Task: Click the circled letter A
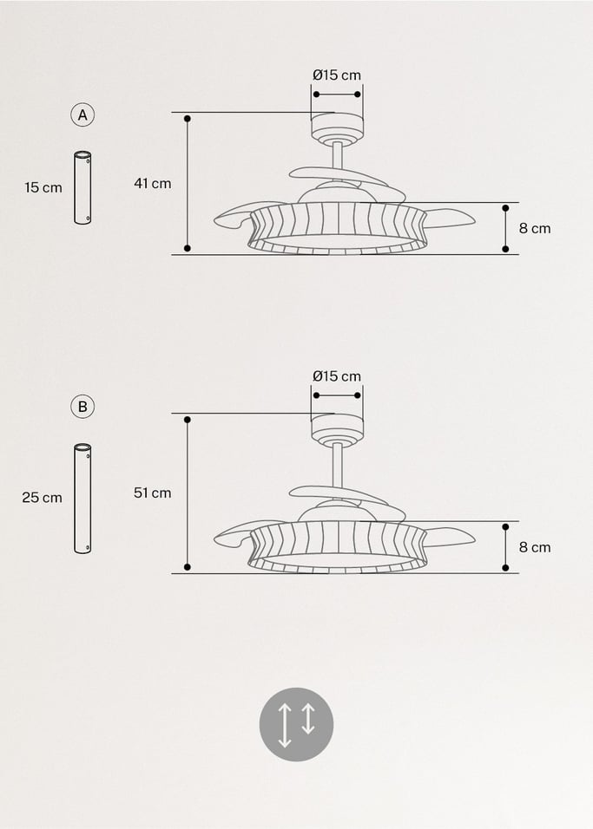83,114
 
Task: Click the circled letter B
83,406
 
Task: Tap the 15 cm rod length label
43,187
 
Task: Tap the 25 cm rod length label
43,498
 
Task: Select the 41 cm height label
153,183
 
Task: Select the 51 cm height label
153,493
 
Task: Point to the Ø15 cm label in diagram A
337,75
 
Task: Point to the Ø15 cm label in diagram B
337,376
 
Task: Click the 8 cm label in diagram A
535,229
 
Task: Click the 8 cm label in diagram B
535,547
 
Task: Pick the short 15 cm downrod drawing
83,188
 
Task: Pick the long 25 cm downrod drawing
83,499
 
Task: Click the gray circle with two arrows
296,724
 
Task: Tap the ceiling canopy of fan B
337,426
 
